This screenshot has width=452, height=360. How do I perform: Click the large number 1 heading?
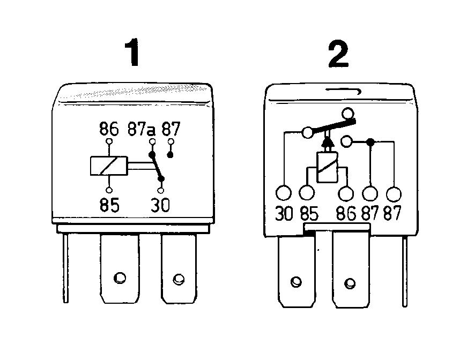tap(132, 52)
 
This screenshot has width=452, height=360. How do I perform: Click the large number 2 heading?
tap(338, 54)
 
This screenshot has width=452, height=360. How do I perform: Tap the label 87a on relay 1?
tap(141, 129)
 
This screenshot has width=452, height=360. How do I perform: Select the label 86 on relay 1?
tap(109, 129)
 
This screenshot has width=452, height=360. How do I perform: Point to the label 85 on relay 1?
tap(109, 205)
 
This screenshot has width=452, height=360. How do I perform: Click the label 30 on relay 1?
tap(160, 205)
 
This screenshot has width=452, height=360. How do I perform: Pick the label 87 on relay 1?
tap(171, 129)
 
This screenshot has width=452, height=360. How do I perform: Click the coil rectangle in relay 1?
tap(109, 166)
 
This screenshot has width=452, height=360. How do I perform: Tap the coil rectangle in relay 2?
tap(327, 167)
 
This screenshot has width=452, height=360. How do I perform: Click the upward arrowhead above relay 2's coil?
tap(328, 142)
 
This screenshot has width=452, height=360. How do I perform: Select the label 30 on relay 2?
tap(284, 213)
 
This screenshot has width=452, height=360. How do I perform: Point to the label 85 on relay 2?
tap(309, 214)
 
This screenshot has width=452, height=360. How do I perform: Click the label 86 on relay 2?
tap(346, 214)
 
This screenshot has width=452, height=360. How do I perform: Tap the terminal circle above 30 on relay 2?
tap(284, 193)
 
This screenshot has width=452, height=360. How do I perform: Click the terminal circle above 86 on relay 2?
tap(346, 193)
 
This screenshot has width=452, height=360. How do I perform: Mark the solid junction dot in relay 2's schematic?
tap(371, 141)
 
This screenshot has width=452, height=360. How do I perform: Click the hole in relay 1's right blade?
tap(179, 279)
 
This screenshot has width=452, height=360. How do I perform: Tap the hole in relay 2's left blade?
tap(296, 282)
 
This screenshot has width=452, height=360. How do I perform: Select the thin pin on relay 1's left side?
tap(66, 268)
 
